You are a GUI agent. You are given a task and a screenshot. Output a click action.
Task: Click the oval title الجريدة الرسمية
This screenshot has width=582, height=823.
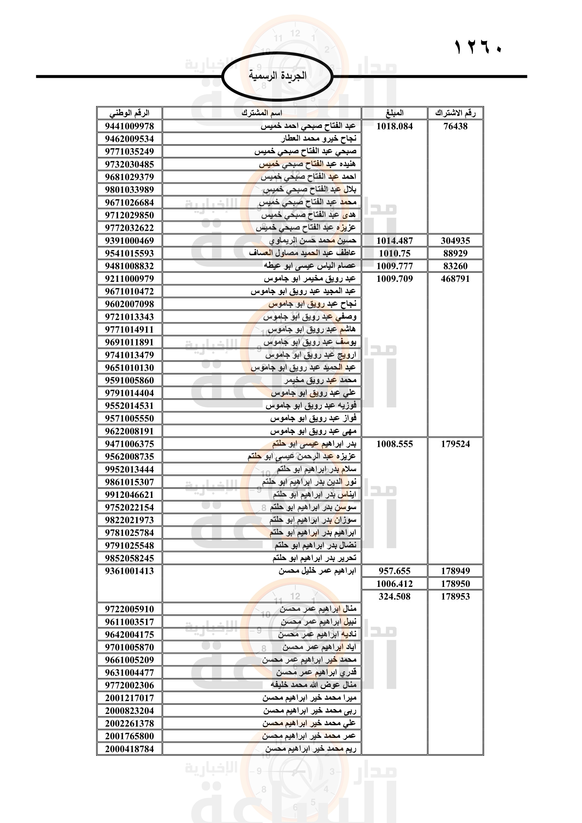point(277,76)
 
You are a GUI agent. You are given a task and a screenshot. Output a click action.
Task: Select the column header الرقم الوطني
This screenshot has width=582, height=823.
point(129,113)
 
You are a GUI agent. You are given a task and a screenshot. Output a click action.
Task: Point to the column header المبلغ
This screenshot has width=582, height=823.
point(394,113)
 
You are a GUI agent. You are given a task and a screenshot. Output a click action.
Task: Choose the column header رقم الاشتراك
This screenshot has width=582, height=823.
point(455,113)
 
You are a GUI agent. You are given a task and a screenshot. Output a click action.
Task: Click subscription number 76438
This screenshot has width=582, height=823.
point(455,126)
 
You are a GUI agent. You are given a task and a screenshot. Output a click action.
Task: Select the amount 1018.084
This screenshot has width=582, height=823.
point(394,126)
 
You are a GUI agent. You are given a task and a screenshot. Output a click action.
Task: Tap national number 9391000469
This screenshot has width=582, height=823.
point(129,241)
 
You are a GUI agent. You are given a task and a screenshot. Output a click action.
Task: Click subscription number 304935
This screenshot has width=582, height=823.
point(455,241)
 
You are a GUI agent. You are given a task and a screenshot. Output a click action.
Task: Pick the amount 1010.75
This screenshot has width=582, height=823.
point(394,253)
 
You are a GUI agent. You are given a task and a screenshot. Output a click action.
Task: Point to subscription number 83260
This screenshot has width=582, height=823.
point(455,266)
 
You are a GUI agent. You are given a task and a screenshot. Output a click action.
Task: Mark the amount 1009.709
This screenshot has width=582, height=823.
point(394,279)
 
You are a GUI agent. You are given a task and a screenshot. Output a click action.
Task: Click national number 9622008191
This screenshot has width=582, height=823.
point(129,431)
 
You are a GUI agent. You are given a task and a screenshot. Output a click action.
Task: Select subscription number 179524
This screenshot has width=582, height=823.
point(455,444)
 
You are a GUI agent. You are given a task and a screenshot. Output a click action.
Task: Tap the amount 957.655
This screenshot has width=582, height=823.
point(394,571)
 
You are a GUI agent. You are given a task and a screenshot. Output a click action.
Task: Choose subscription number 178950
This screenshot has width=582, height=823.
point(455,583)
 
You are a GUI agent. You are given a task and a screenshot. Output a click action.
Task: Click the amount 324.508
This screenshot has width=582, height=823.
point(394,596)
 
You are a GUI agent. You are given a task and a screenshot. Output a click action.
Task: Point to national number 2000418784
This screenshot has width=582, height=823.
point(129,749)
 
